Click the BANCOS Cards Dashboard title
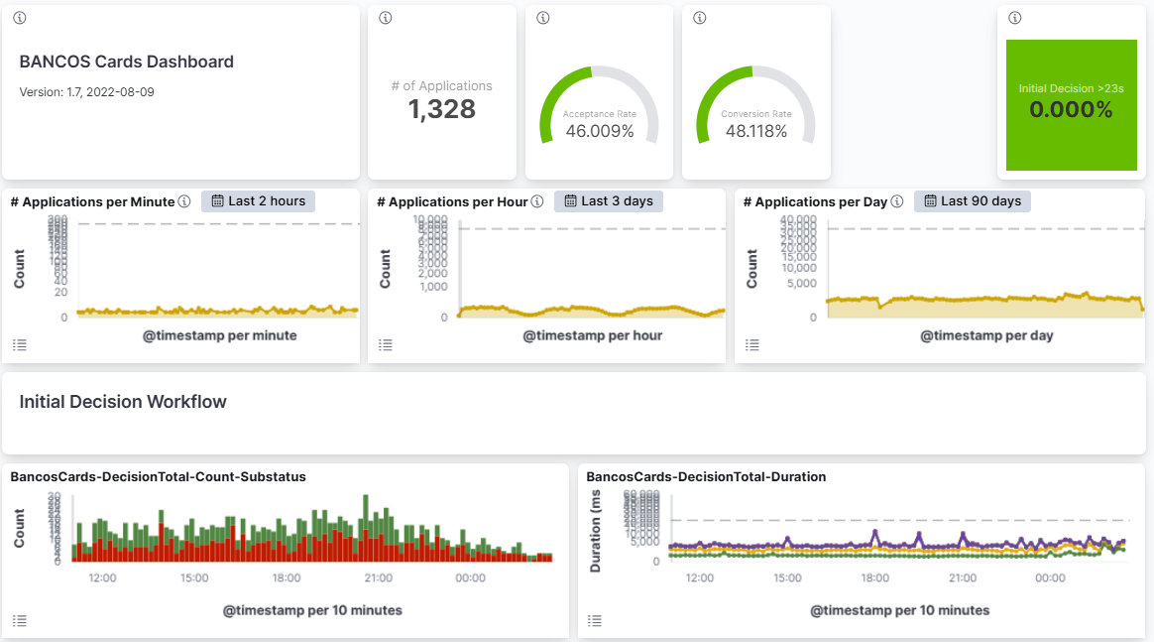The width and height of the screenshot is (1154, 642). coord(126,62)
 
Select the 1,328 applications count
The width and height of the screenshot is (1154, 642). coord(442,109)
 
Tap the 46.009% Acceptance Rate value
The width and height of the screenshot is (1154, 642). coord(600,131)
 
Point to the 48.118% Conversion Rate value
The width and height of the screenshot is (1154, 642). coord(756,131)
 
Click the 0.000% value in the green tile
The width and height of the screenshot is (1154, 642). coord(1071,110)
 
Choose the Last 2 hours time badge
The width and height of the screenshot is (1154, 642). coord(258,201)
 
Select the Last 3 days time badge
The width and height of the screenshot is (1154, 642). coord(609,201)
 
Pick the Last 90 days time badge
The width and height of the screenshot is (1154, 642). coord(973,201)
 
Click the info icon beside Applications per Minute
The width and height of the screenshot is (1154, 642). coord(184,201)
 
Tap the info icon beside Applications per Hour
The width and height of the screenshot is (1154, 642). coord(537,201)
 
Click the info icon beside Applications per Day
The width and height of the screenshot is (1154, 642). coord(897,201)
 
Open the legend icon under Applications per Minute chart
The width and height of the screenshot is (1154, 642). coord(19,345)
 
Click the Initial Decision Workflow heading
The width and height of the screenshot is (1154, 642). coord(123,402)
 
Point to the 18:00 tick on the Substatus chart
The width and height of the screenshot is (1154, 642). coord(287,578)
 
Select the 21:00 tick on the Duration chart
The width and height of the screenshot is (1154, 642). coord(963,578)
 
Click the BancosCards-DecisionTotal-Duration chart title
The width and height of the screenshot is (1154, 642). coord(706,477)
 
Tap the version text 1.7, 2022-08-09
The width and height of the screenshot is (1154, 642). coord(86,92)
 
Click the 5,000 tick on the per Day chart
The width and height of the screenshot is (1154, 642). coord(799,284)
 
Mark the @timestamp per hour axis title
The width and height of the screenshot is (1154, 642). coord(593,335)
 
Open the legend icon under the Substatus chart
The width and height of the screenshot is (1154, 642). coord(19,621)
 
